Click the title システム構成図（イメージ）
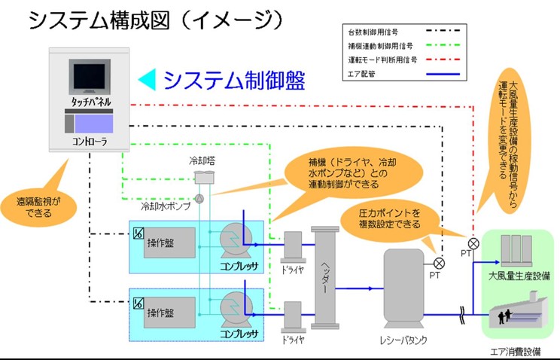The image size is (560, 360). (155, 21)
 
